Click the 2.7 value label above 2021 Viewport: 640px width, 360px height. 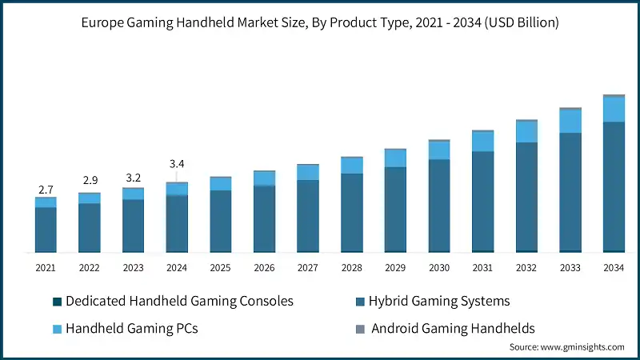(x=46, y=190)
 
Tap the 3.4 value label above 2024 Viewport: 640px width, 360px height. (x=177, y=164)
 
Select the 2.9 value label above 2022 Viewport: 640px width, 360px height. (x=90, y=181)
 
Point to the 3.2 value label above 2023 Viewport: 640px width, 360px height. (x=133, y=177)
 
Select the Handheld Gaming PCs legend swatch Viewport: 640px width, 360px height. (x=57, y=328)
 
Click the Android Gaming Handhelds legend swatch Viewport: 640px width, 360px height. (x=360, y=328)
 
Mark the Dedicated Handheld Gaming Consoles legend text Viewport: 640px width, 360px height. (x=179, y=302)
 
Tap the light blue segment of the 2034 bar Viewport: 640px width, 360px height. (x=614, y=110)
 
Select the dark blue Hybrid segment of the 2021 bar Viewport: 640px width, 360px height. (x=46, y=229)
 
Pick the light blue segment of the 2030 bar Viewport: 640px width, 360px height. (x=439, y=150)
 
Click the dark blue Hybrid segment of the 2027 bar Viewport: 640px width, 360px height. (x=308, y=215)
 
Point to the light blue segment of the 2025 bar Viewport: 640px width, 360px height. (x=221, y=184)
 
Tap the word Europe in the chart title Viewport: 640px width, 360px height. (x=103, y=23)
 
